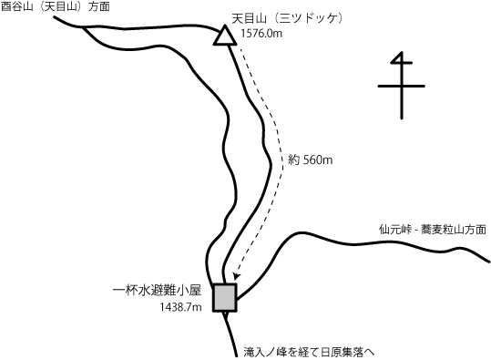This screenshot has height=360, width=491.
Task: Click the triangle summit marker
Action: pyautogui.click(x=224, y=37)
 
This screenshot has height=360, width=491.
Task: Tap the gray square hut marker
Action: pyautogui.click(x=224, y=297)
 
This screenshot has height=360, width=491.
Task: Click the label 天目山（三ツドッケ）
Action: pyautogui.click(x=287, y=17)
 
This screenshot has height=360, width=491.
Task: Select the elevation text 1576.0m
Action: pyautogui.click(x=263, y=35)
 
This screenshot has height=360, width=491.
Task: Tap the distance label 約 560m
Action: pyautogui.click(x=310, y=160)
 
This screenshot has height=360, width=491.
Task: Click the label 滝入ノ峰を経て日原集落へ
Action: pyautogui.click(x=310, y=350)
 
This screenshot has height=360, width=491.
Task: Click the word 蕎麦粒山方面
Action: pyautogui.click(x=453, y=229)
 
